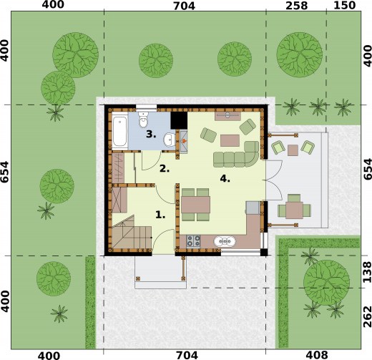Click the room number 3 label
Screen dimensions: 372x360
click(151, 135)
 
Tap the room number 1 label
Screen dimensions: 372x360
click(160, 215)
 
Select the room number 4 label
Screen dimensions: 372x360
click(225, 178)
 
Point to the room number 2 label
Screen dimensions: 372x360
click(165, 169)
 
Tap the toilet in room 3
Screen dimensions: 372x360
click(143, 119)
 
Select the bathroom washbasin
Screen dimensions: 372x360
click(170, 139)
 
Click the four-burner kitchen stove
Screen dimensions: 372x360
click(193, 241)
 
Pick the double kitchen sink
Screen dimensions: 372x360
click(225, 241)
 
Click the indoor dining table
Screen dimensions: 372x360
click(195, 205)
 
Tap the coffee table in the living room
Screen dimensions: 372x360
click(230, 140)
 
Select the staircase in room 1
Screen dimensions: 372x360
click(132, 232)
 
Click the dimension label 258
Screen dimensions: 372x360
click(296, 6)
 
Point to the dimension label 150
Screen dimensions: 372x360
click(345, 5)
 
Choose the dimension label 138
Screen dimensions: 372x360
click(367, 272)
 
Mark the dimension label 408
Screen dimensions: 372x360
click(317, 355)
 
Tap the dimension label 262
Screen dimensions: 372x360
click(367, 317)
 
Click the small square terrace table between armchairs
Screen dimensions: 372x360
click(293, 150)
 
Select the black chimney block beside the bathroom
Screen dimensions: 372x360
click(179, 120)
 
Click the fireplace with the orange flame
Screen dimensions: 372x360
click(184, 142)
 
